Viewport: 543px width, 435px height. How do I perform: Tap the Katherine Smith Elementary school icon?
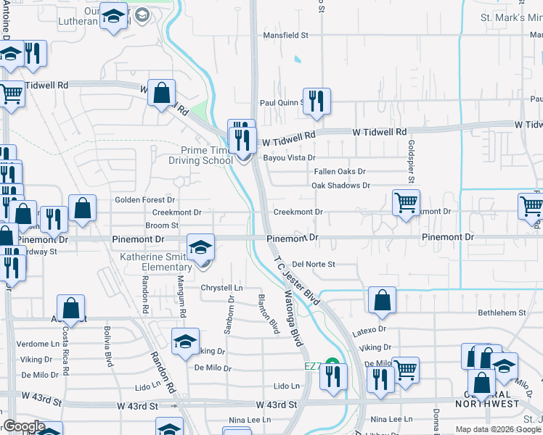201,248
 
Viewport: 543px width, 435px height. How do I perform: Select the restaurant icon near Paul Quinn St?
316,101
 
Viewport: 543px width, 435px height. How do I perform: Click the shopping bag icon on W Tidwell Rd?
161,93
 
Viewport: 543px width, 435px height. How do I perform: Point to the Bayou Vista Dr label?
289,157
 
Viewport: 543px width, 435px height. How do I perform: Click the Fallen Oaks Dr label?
339,172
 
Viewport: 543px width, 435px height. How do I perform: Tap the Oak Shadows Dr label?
340,186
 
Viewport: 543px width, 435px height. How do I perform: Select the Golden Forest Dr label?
145,199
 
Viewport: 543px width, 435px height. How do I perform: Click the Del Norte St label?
314,265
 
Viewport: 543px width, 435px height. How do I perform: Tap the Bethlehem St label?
501,312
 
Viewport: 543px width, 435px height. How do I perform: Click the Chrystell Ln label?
221,288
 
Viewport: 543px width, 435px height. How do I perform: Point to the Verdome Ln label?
37,344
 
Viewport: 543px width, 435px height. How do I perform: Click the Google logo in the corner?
24,426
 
